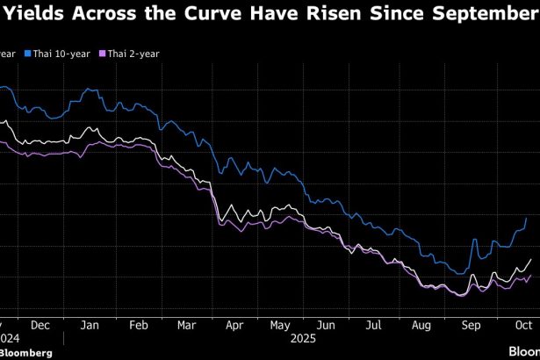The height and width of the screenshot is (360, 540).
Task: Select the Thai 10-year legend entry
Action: (x=62, y=54)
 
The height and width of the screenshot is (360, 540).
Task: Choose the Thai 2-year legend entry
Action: (x=134, y=54)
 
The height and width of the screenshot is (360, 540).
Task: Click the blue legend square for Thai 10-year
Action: (x=27, y=54)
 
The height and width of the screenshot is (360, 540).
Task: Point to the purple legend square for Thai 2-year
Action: (x=102, y=54)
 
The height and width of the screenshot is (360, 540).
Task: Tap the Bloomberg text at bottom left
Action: (x=26, y=352)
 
